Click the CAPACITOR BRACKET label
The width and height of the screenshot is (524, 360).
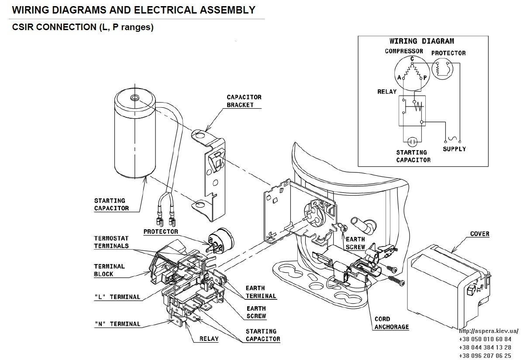(x=244, y=101)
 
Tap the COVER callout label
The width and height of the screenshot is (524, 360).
(x=479, y=234)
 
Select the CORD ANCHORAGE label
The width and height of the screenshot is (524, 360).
(x=392, y=323)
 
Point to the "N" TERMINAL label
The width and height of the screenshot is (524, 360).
(x=117, y=324)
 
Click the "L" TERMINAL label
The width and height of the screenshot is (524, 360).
(x=117, y=297)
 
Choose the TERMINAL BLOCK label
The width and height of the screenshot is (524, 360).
(x=109, y=270)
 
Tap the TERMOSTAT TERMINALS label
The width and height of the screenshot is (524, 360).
(x=111, y=242)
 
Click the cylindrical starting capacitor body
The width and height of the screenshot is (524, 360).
(x=135, y=133)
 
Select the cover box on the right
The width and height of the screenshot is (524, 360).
(x=449, y=286)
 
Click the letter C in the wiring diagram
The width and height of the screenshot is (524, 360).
(x=412, y=58)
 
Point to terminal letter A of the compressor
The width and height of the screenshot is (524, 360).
(x=399, y=77)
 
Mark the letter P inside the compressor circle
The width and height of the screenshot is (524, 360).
(x=425, y=78)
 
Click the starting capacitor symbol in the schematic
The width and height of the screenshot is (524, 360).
(x=412, y=142)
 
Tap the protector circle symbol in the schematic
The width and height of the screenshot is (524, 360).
(x=442, y=69)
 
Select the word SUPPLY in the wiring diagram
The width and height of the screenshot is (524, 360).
(x=454, y=149)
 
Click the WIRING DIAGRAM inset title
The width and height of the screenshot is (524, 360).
(x=422, y=41)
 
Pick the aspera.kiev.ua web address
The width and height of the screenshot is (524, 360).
(x=489, y=331)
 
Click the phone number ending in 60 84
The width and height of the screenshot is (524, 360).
(x=485, y=339)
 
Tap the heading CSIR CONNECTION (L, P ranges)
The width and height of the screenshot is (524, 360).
(x=83, y=27)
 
